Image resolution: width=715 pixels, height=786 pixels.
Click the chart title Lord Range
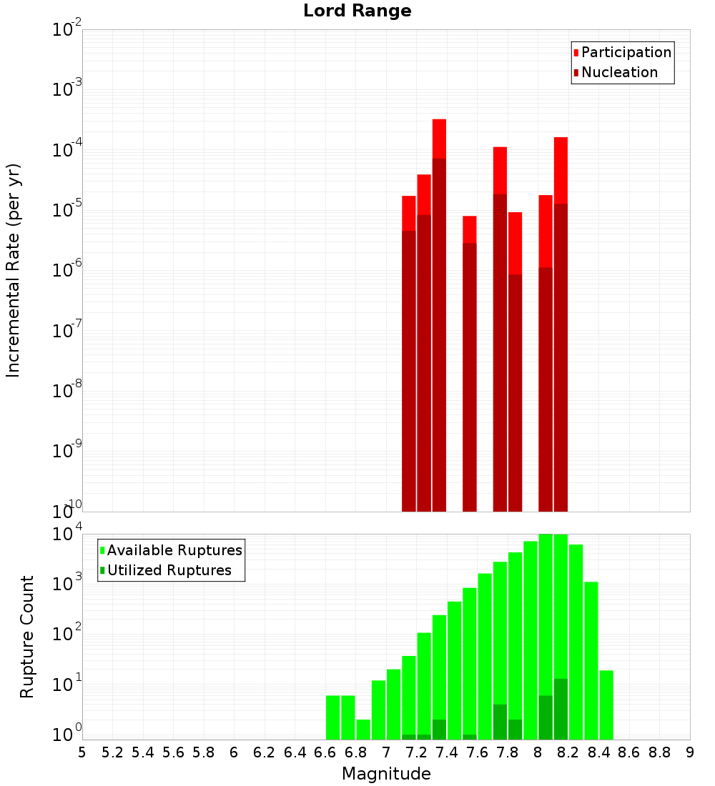coord(357,11)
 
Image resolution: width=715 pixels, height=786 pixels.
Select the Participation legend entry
coord(626,52)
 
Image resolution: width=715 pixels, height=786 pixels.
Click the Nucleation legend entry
coord(618,72)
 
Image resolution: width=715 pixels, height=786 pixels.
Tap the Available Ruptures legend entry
coord(174,550)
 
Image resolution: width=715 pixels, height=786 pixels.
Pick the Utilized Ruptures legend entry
coord(169,570)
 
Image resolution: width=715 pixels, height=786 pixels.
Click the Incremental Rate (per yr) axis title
coord(14,271)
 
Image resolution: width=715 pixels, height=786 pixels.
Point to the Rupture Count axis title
coord(27,637)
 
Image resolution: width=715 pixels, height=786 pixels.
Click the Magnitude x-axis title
coord(386,774)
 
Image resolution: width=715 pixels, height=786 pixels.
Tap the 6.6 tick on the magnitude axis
coord(325,752)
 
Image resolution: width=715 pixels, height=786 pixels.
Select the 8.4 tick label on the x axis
coord(598,752)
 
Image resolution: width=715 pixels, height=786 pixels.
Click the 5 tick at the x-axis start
coord(82,752)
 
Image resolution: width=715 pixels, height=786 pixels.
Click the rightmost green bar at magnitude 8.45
coord(606,705)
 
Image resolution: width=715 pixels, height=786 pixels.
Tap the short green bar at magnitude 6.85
coord(363,729)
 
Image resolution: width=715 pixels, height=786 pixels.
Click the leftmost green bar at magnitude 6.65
coord(332,717)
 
